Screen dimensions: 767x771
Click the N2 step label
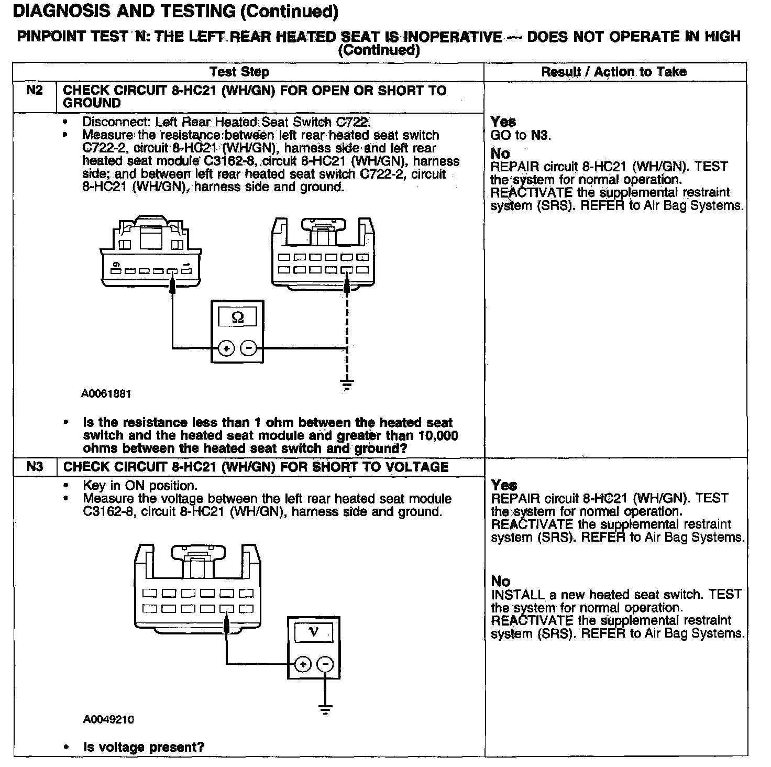coord(35,90)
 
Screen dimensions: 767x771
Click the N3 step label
coord(35,466)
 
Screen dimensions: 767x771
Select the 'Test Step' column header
coord(239,72)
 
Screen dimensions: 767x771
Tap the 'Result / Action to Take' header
coord(614,72)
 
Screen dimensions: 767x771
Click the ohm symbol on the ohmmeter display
coord(237,317)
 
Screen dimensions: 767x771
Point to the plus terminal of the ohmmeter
coord(226,348)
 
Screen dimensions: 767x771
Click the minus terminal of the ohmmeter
coord(248,348)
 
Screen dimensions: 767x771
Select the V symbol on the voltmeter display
coord(314,632)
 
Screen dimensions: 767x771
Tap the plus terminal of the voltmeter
coord(303,665)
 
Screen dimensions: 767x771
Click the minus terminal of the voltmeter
coord(325,665)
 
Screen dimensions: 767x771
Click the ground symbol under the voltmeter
coord(325,710)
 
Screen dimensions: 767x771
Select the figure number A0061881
coord(106,393)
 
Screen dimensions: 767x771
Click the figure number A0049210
coord(108,719)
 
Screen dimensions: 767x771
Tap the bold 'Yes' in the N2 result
coord(503,122)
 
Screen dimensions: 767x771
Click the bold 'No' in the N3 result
coord(501,581)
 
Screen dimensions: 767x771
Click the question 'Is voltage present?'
coord(143,747)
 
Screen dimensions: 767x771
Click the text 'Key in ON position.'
coord(140,485)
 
